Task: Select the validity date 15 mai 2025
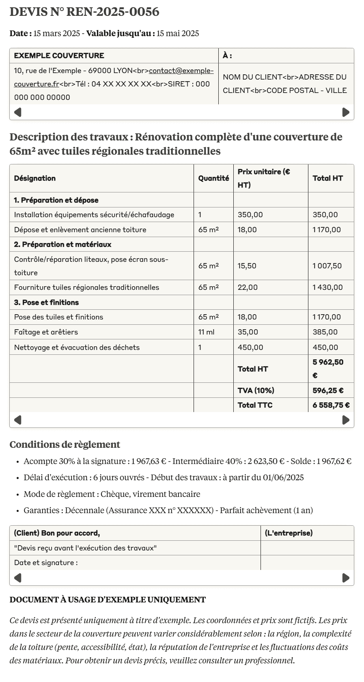coord(178,33)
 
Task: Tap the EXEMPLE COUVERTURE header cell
coord(59,56)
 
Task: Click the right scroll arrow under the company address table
coord(346,112)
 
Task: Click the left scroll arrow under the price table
coord(18,420)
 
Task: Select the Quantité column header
coord(213,178)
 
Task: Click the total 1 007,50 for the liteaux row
coord(327,266)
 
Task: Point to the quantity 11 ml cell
coord(207,332)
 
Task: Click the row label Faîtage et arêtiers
coord(46,332)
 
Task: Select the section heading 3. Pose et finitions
coord(46,302)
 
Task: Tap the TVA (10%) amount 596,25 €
coord(328,391)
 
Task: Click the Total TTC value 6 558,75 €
coord(331,405)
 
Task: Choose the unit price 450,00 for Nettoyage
coord(250,347)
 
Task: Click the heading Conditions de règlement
coord(65,445)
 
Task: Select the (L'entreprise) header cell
coord(289,533)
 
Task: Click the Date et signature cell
coord(46,563)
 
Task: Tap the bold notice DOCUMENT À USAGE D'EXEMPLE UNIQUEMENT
coord(108,600)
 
